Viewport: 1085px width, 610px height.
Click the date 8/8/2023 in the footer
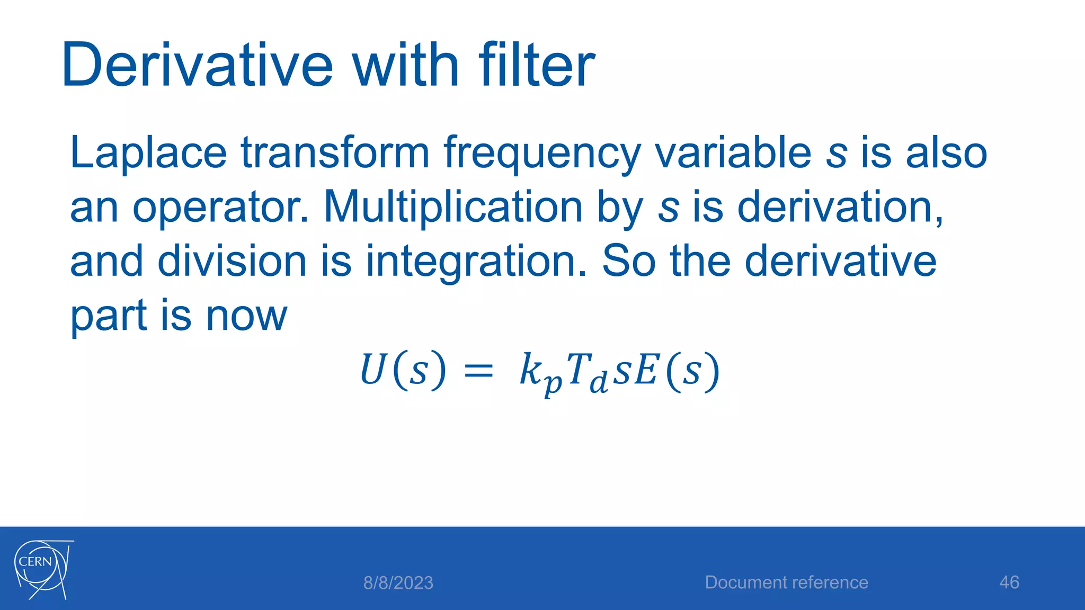398,583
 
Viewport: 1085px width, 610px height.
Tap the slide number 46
1009,582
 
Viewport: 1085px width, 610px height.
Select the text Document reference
786,582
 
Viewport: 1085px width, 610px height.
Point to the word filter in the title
536,66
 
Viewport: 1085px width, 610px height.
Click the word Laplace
148,154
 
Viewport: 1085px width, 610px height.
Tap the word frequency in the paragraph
541,154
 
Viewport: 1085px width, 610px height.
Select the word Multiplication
453,207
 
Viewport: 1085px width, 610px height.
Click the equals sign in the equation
478,371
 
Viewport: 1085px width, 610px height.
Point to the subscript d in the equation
599,382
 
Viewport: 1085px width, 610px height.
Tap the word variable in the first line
733,154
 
